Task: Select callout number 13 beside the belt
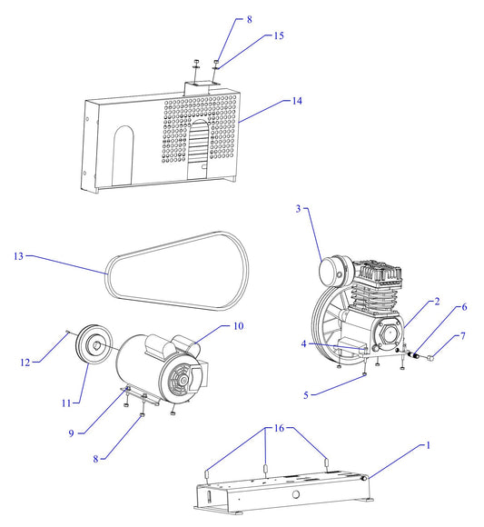coord(18,257)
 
